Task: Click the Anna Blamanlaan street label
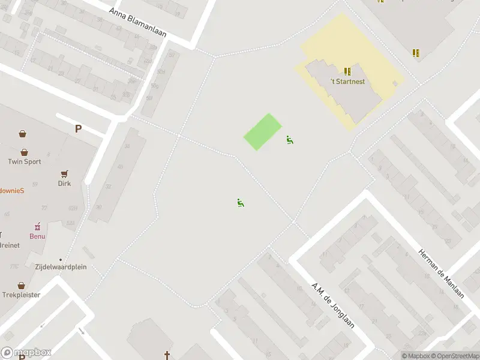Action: [138, 23]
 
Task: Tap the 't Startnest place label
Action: [347, 82]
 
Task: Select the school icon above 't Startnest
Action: [347, 71]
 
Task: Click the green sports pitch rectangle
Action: [263, 132]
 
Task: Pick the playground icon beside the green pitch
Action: [290, 140]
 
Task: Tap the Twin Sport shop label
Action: [25, 161]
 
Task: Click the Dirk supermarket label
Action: [64, 183]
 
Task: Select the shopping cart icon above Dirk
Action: [64, 173]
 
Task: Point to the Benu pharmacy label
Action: [38, 236]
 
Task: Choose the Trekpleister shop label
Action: [21, 295]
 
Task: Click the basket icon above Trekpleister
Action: [22, 285]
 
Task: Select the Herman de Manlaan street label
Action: [441, 274]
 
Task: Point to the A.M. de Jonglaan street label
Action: [333, 305]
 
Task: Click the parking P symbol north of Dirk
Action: [78, 128]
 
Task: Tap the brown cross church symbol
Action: [167, 355]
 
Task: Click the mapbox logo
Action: [26, 353]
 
